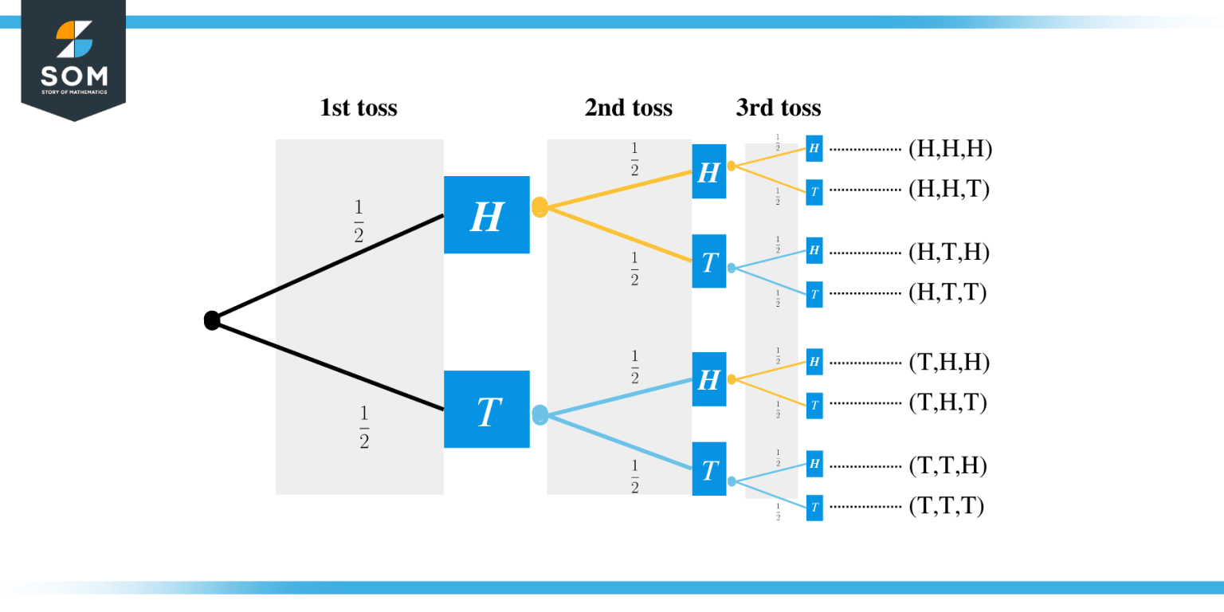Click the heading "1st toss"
[x=358, y=108]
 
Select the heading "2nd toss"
[x=628, y=108]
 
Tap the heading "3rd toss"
[x=778, y=108]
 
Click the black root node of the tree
[x=212, y=320]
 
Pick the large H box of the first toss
[x=486, y=215]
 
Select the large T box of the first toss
[x=486, y=410]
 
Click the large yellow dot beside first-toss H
[x=539, y=207]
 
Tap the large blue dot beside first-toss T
[x=539, y=414]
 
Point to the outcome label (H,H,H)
[x=950, y=149]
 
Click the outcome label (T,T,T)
[x=946, y=507]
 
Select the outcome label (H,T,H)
[x=948, y=252]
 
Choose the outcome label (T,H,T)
[x=947, y=403]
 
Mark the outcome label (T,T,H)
[x=947, y=466]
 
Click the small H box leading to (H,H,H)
[x=814, y=147]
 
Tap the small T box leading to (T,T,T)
[x=814, y=508]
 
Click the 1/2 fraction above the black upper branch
[x=358, y=222]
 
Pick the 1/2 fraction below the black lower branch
[x=364, y=428]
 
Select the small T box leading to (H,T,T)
[x=814, y=294]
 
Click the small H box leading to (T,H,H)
[x=814, y=362]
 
